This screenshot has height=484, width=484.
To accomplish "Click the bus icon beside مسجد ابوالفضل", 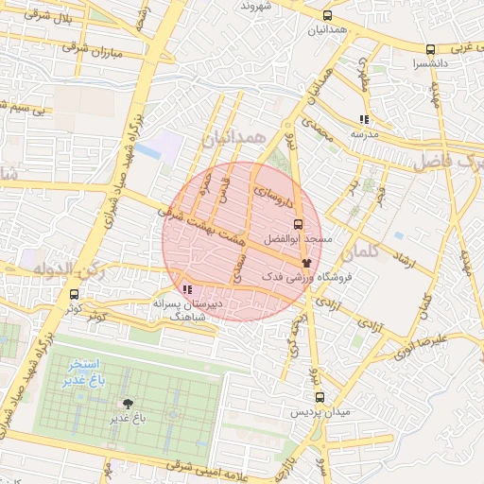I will click(299, 225).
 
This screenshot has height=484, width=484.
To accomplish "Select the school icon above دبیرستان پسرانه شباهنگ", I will click(187, 289).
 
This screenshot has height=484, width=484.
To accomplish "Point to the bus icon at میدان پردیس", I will click(319, 398).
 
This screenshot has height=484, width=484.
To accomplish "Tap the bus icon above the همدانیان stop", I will click(328, 16).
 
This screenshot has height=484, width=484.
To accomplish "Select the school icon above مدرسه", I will click(364, 120).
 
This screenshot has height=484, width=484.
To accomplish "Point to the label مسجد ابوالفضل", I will click(301, 240).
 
